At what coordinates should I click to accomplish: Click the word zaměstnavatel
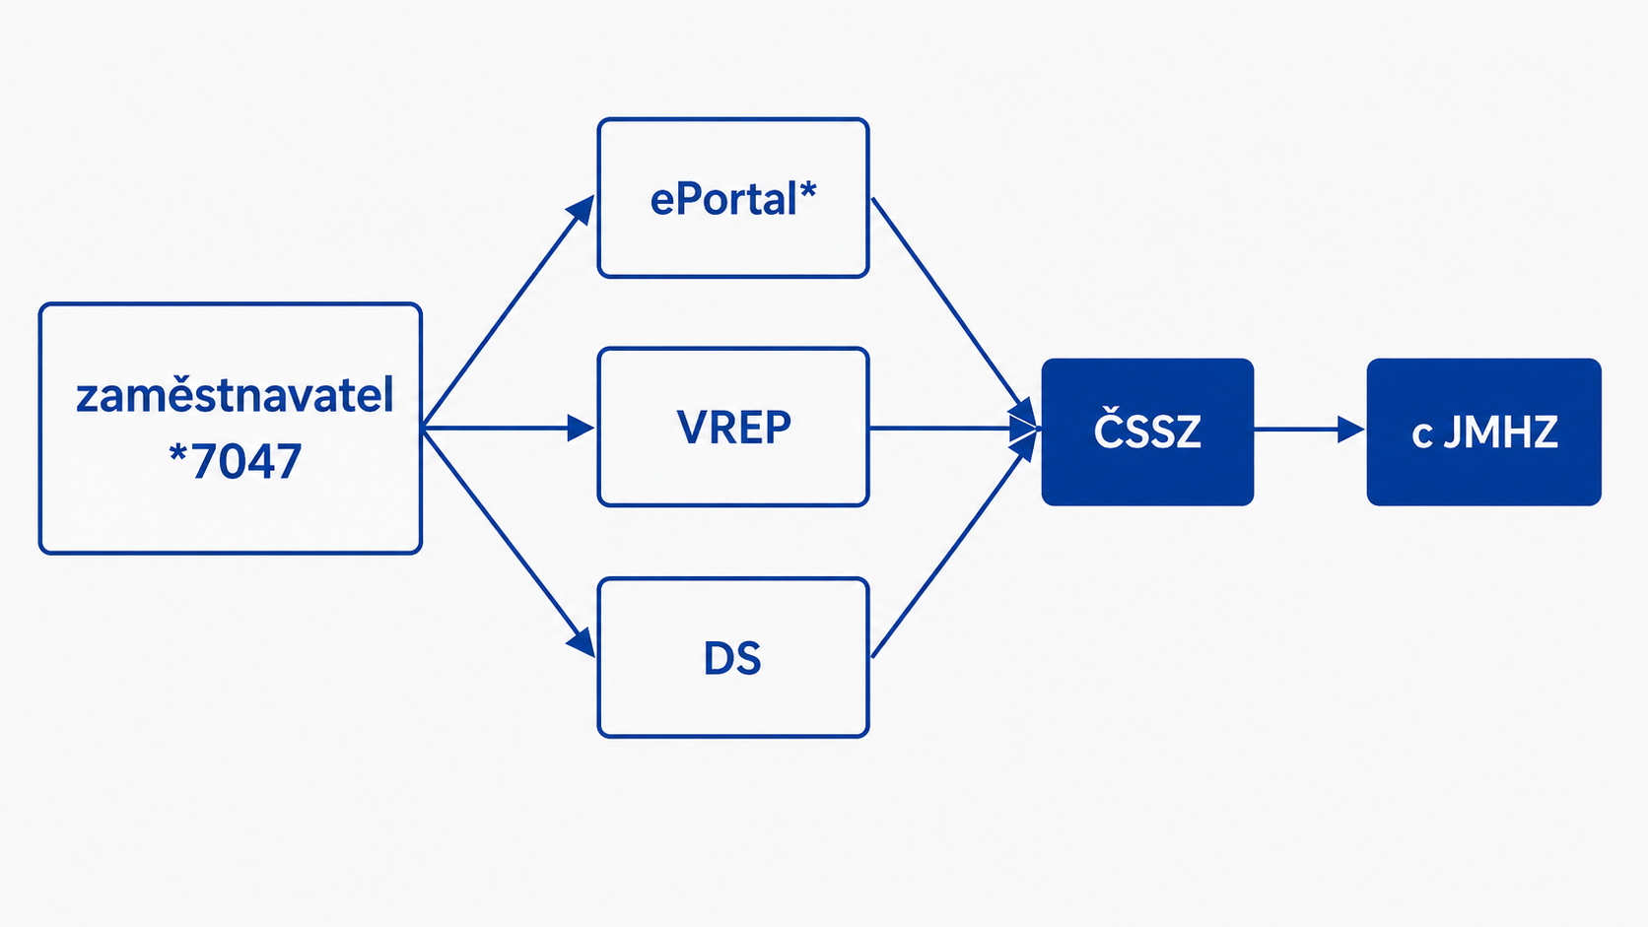tap(235, 395)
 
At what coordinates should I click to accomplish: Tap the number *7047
tap(235, 461)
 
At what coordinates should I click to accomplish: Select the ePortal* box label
tap(733, 198)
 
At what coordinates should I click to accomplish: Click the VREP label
tap(733, 428)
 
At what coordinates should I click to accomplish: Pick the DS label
tap(732, 658)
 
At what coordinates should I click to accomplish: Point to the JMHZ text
tap(1500, 431)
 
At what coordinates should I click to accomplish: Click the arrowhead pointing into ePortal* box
tap(582, 209)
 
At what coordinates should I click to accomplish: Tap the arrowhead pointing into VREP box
tap(582, 428)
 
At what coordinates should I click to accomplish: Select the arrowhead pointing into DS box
tap(582, 643)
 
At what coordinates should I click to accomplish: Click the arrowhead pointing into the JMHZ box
tap(1350, 430)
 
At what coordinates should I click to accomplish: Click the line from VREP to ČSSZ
tap(953, 428)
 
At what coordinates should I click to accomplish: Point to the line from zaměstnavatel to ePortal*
tap(509, 311)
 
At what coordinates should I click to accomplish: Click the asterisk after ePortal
tap(808, 189)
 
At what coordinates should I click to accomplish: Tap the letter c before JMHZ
tap(1421, 436)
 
